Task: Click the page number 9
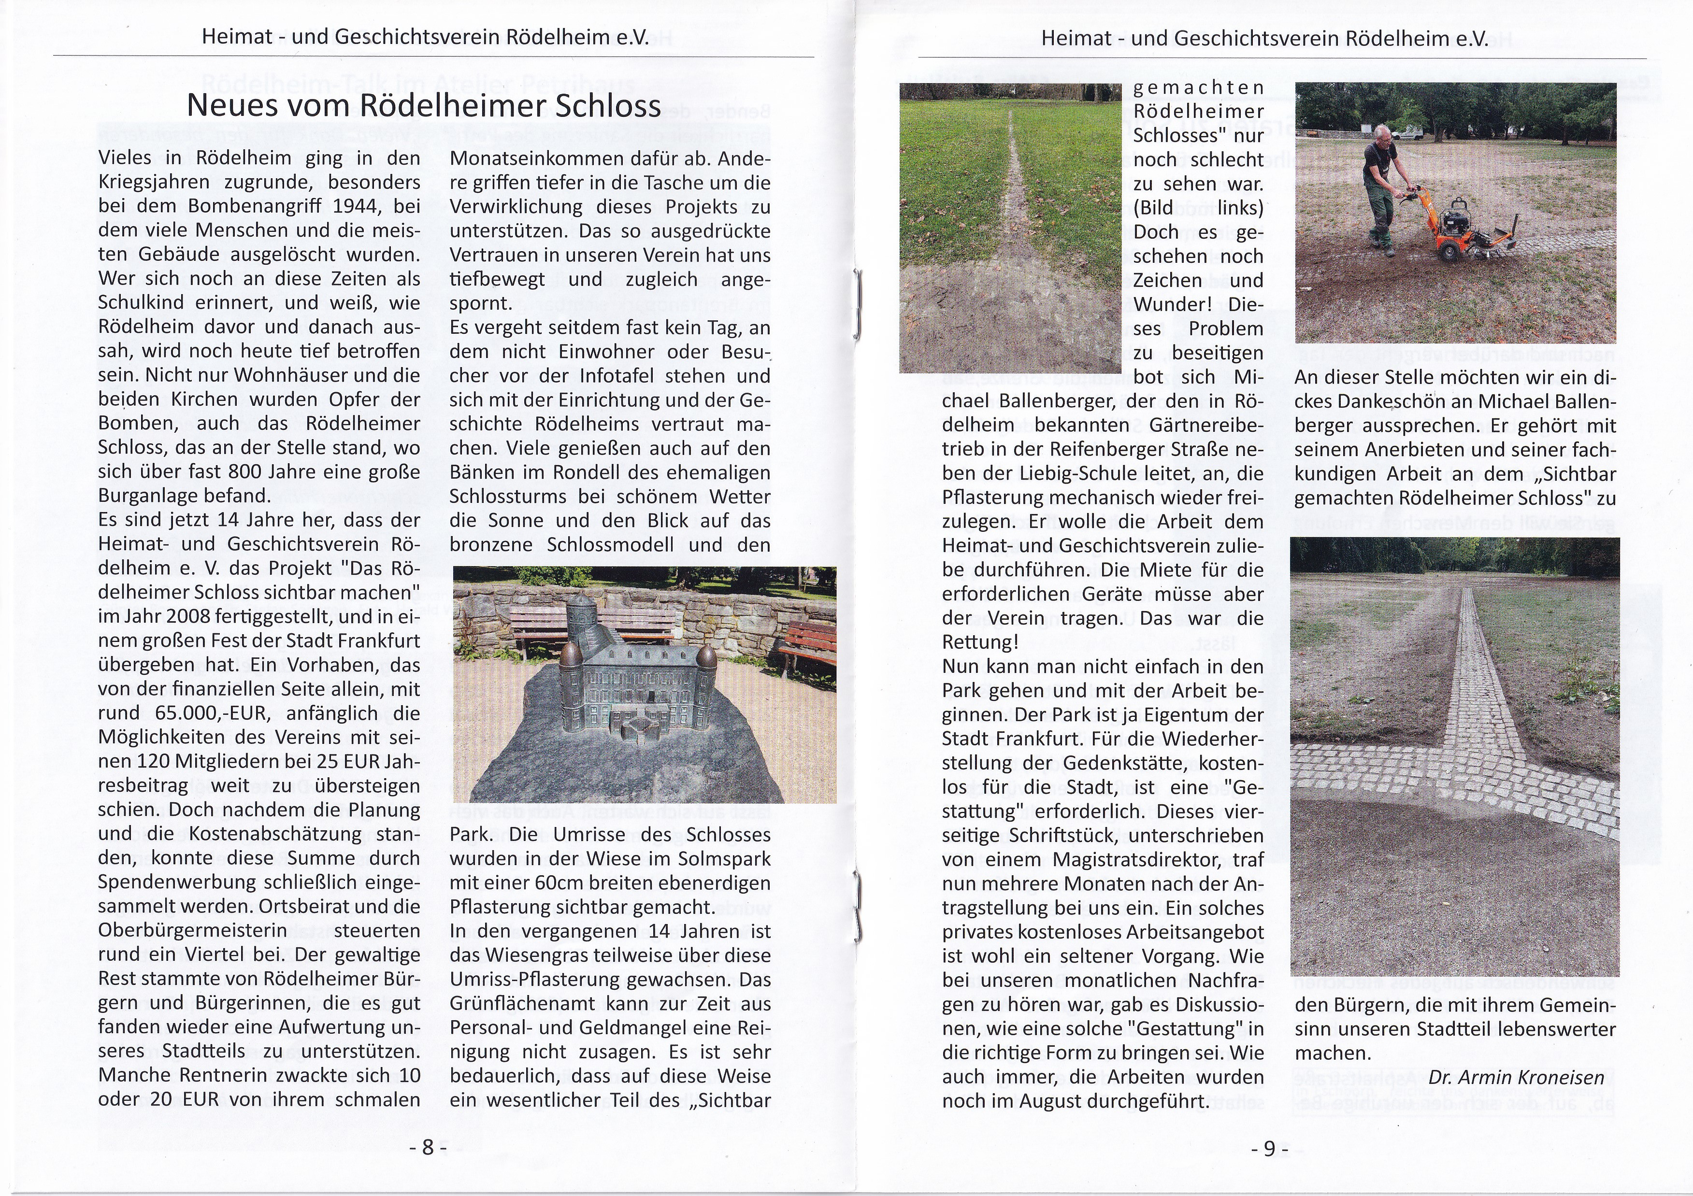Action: coord(1269,1148)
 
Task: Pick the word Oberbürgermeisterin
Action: coord(193,930)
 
